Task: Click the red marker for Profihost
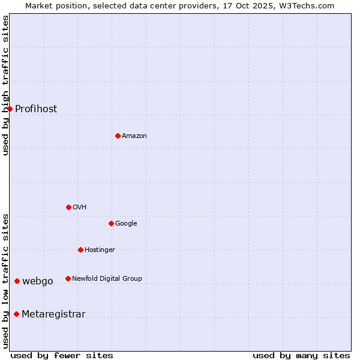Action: [x=10, y=109]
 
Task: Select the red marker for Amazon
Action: [x=118, y=136]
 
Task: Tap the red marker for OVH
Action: [x=68, y=207]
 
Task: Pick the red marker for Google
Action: [x=111, y=223]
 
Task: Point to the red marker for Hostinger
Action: [x=80, y=250]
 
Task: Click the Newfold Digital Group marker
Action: [x=68, y=278]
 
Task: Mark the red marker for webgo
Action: [x=17, y=281]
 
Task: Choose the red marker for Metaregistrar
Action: [x=16, y=314]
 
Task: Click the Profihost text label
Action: [x=36, y=109]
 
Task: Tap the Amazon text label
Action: [x=134, y=136]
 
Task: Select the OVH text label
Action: [x=80, y=207]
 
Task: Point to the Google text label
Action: [x=126, y=223]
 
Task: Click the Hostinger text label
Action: [x=100, y=250]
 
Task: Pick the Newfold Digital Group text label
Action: [x=107, y=278]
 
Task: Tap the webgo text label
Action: [x=38, y=281]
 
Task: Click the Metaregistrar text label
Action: [x=53, y=314]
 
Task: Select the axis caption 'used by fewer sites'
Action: [x=62, y=355]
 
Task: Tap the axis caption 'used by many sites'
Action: [x=301, y=355]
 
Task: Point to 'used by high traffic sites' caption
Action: [x=5, y=86]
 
